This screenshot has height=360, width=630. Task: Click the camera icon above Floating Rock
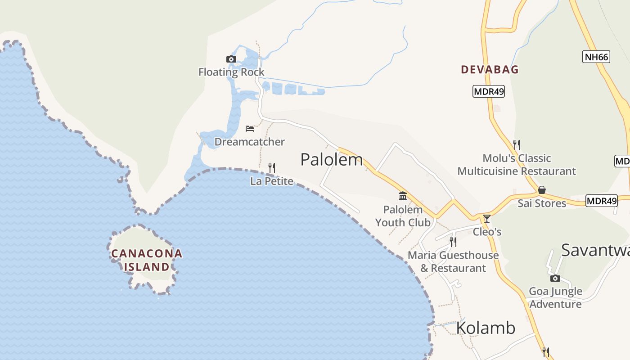[x=231, y=59]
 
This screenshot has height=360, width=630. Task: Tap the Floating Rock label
[x=231, y=72]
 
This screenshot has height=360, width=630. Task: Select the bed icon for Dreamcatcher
[x=250, y=129]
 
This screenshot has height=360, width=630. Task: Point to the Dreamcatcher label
[x=249, y=142]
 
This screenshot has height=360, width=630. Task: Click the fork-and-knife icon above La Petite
[x=272, y=168]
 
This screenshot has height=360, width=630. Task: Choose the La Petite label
[x=272, y=181]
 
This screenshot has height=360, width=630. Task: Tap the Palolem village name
[x=332, y=160]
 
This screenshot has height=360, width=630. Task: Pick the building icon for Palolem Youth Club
[x=403, y=196]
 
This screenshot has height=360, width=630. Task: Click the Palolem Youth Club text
[x=403, y=216]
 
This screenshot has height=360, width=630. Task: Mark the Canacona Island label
[x=147, y=260]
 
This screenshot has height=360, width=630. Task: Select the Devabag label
[x=490, y=70]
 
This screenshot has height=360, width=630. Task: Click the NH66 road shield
[x=596, y=57]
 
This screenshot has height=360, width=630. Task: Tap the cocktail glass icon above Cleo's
[x=486, y=219]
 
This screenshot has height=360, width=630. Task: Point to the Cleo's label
[x=487, y=232]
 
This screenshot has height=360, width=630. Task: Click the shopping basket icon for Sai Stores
[x=542, y=190]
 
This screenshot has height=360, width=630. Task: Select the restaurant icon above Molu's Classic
[x=517, y=144]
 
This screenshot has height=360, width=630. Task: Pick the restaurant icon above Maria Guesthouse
[x=453, y=242]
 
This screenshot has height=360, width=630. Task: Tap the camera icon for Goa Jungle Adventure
[x=555, y=278]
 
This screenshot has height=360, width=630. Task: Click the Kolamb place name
[x=486, y=328]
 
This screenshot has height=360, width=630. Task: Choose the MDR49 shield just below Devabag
[x=489, y=91]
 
